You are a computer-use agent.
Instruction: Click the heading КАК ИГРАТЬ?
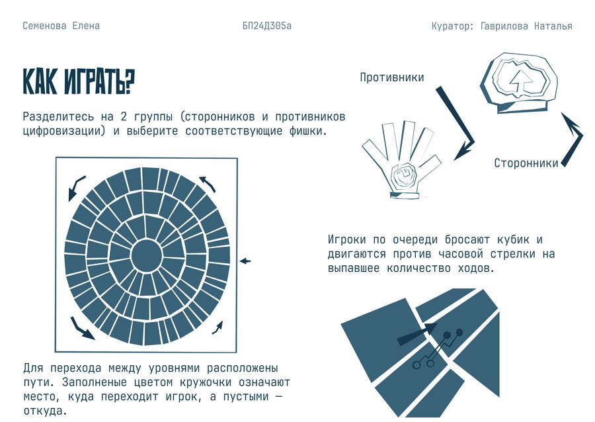(x=79, y=81)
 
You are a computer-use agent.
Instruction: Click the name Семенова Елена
(x=61, y=26)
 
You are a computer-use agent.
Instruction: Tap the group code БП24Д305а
(x=267, y=26)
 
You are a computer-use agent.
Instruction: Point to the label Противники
(x=392, y=77)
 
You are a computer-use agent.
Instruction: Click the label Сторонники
(x=526, y=163)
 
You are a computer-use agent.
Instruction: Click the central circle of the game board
(x=147, y=255)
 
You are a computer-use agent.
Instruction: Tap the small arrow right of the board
(x=245, y=261)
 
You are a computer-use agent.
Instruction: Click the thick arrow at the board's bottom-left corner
(x=82, y=329)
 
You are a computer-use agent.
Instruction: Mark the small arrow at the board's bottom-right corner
(x=218, y=328)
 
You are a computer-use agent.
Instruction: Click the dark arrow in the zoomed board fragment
(x=417, y=334)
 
